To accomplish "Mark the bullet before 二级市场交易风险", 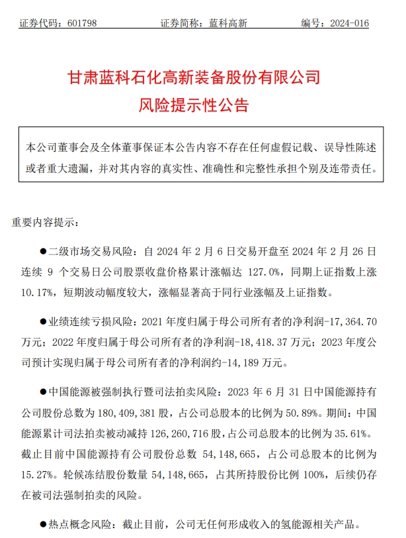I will pyautogui.click(x=45, y=252).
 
